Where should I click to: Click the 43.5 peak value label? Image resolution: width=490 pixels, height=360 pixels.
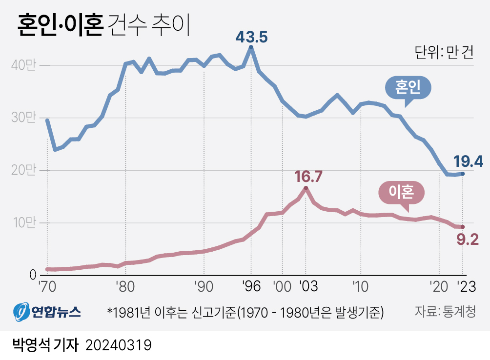pos(251,37)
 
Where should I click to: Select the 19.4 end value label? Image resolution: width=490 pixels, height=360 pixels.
pos(468,161)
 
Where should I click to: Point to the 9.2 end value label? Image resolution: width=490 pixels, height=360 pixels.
pos(467,240)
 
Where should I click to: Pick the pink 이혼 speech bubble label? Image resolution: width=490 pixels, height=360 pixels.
pos(402,193)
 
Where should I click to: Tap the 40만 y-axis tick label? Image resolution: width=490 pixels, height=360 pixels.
pos(25,65)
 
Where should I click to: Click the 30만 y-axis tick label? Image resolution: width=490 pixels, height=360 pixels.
pos(25,118)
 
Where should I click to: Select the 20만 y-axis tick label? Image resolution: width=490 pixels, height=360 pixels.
pos(25,170)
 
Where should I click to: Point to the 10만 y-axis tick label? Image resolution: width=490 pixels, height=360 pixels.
pos(25,223)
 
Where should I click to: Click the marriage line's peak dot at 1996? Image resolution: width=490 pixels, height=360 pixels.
pos(251,47)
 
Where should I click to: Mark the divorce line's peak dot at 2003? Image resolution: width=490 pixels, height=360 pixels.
pos(306,188)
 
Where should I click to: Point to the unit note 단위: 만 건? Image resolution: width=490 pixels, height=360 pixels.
pos(444,53)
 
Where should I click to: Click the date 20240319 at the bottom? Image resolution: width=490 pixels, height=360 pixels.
pos(119,345)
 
